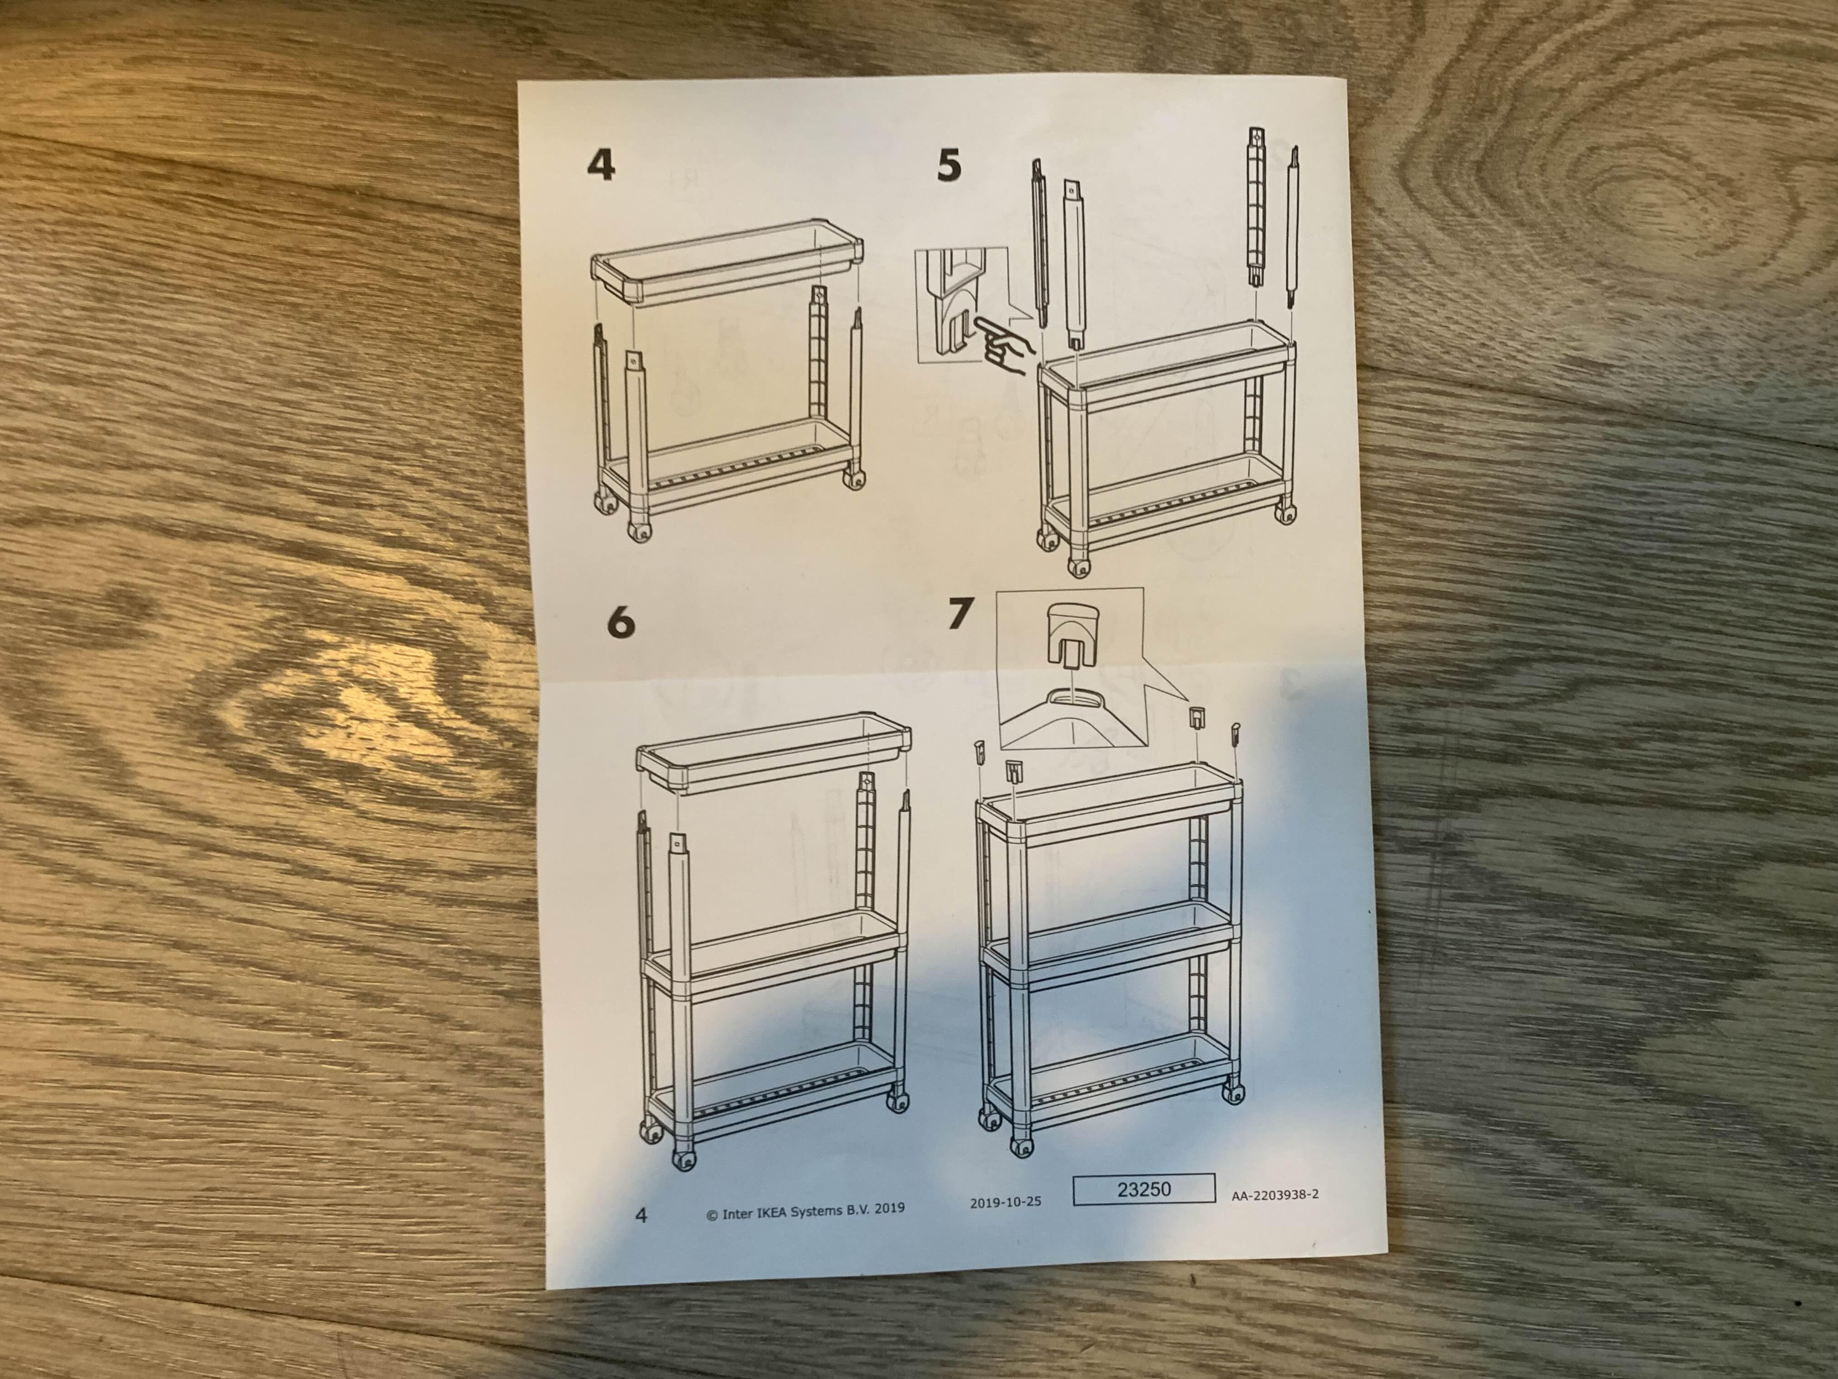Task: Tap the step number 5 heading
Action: click(x=949, y=165)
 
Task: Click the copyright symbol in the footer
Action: click(x=712, y=1214)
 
